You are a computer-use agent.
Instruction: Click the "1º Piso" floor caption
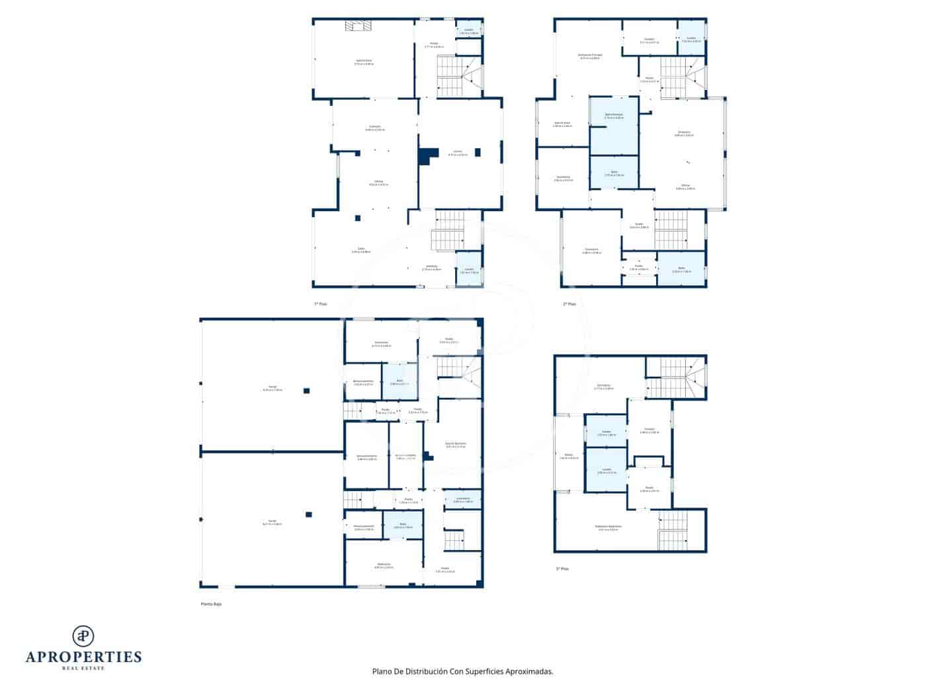[x=320, y=304]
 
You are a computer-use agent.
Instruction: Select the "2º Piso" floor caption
[x=569, y=304]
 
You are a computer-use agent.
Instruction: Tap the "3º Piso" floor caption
[x=562, y=569]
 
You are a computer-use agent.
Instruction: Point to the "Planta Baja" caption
[x=212, y=604]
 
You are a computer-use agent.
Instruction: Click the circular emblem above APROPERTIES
[x=83, y=635]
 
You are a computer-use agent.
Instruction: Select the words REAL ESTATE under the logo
[x=83, y=668]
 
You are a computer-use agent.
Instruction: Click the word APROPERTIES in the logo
[x=83, y=657]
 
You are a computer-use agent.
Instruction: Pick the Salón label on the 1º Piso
[x=361, y=250]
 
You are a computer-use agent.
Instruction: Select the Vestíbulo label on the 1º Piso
[x=431, y=267]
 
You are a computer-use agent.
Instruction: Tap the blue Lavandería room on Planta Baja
[x=462, y=500]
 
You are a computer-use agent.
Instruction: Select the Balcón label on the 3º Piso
[x=568, y=455]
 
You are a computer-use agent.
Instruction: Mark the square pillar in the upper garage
[x=306, y=391]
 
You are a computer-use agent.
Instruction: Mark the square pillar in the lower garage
[x=308, y=514]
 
